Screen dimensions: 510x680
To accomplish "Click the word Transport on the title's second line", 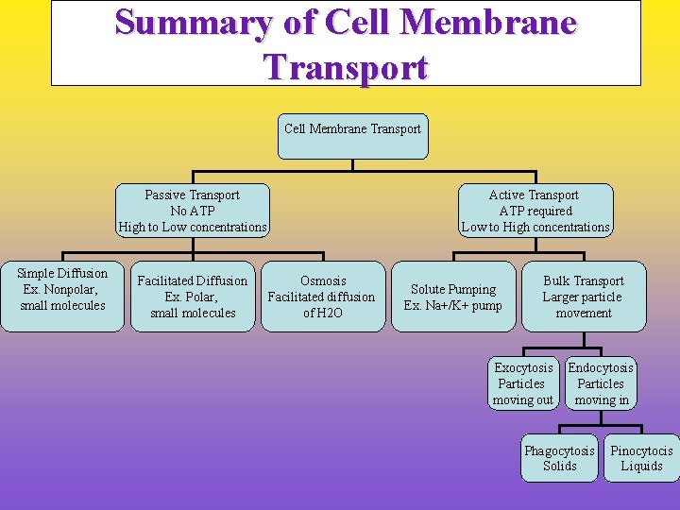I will [346, 67].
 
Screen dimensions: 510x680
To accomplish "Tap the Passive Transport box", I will [193, 211].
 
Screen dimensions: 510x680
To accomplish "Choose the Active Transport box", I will [535, 211].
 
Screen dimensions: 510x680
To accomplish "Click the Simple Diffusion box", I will [62, 297].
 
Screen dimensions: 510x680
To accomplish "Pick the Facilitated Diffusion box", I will [193, 297].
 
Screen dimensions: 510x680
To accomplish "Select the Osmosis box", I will [322, 297].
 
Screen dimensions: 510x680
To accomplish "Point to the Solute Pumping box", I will [453, 297].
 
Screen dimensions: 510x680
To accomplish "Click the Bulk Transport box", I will [583, 297].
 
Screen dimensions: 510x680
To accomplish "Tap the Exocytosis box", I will [523, 383].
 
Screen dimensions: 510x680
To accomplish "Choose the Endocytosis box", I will [601, 383].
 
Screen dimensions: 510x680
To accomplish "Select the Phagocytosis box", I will [560, 458].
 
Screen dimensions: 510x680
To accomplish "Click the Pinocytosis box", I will [641, 458].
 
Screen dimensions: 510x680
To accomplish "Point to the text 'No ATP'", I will [193, 211].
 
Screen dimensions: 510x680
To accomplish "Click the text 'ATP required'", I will [535, 211].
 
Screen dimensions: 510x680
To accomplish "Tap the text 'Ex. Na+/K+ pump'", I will [453, 305].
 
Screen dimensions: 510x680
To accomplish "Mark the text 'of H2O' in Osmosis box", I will [322, 313].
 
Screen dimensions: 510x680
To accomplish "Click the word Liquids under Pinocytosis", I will [641, 467].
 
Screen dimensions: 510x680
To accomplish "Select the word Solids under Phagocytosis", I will [560, 467].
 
